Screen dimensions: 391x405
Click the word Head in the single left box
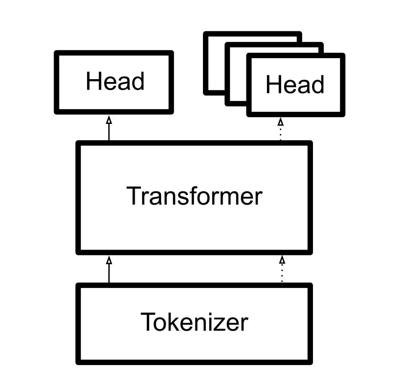click(115, 82)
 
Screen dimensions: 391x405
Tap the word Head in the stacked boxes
click(295, 85)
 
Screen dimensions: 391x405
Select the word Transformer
click(194, 196)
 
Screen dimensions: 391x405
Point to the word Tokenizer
click(194, 322)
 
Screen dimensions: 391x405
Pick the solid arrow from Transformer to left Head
click(109, 128)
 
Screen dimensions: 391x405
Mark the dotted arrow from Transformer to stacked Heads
click(281, 129)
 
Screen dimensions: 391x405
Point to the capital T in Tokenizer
click(148, 322)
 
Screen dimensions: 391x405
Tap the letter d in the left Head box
click(138, 82)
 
